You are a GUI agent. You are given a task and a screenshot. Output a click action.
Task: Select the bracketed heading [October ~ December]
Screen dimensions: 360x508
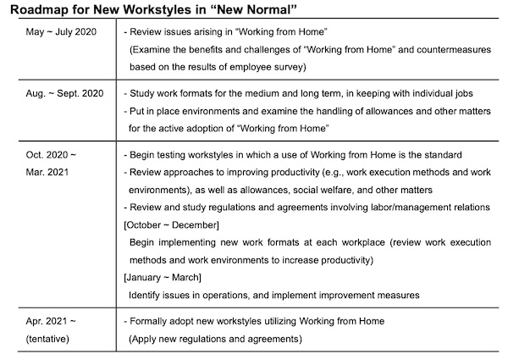(x=172, y=224)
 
